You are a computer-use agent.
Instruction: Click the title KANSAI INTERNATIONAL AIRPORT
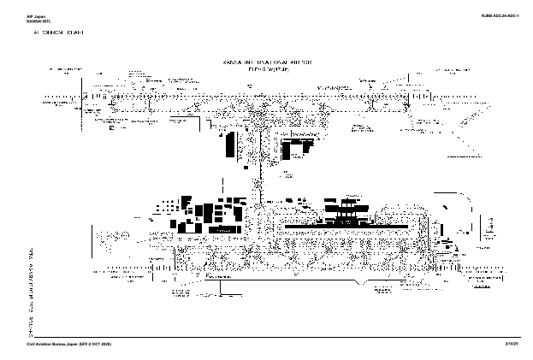pos(266,63)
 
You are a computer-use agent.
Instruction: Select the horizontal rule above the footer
pos(266,337)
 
